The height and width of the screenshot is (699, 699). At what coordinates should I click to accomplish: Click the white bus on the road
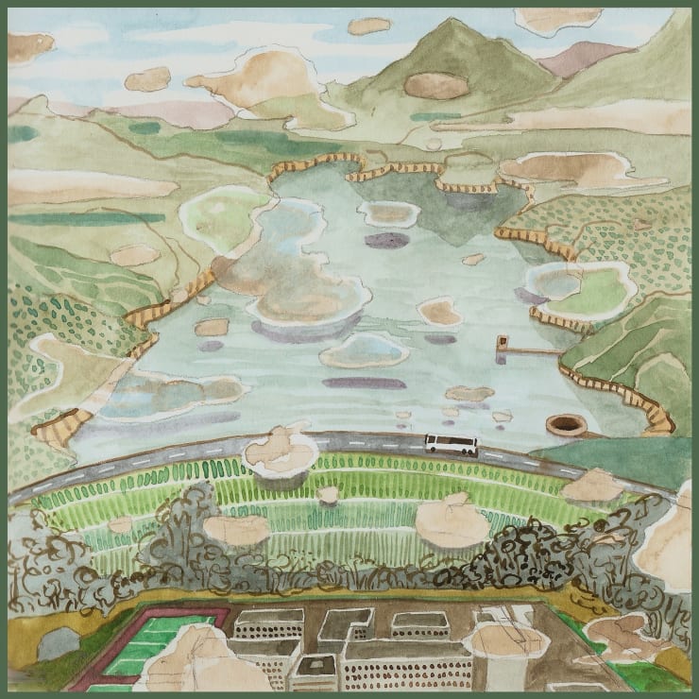pos(451,443)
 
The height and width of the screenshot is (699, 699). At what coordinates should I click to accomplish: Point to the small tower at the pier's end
pos(503,341)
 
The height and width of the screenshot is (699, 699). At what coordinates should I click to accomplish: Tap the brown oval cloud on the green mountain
pos(435,85)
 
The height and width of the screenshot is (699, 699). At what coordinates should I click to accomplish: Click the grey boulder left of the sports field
pos(59,643)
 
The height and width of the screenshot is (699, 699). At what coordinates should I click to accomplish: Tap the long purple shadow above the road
pos(364,384)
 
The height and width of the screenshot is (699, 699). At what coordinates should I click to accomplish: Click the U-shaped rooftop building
pos(347,624)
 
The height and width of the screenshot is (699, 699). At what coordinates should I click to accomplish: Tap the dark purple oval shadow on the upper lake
pos(386,240)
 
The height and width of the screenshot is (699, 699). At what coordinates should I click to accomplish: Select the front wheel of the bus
pos(466,451)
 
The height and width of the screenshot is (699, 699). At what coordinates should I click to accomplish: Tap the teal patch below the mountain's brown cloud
pos(435,117)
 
